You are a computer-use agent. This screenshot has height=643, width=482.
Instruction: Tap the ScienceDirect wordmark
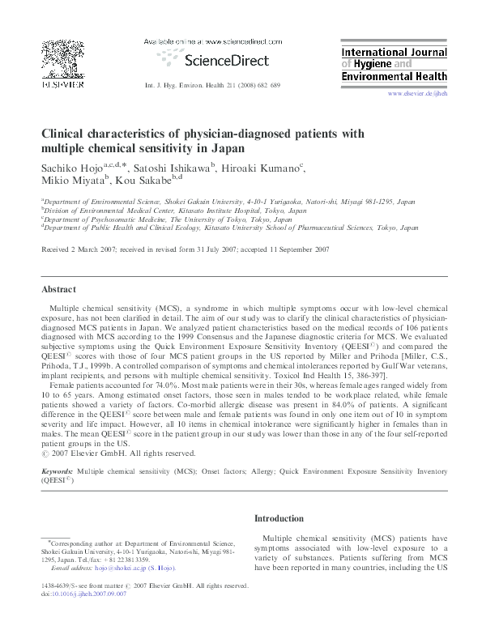[221, 59]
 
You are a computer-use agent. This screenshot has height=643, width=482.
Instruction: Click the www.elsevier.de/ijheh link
[417, 94]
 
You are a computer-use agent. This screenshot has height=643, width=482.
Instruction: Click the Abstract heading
[60, 290]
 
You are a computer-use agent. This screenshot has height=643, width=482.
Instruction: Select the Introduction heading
[279, 518]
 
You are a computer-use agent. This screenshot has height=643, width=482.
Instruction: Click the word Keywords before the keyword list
[58, 470]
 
